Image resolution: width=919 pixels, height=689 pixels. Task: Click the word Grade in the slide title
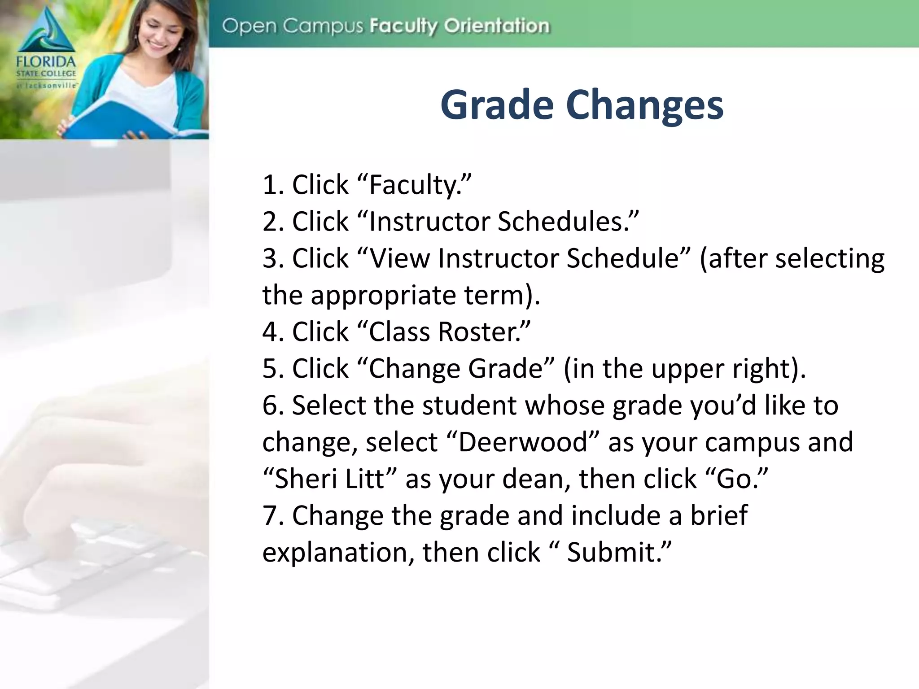(x=497, y=105)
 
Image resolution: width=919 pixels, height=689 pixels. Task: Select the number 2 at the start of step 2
(x=271, y=222)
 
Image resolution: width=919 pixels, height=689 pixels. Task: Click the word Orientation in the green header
(x=497, y=26)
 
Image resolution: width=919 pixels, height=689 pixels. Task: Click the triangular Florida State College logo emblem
(x=46, y=31)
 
